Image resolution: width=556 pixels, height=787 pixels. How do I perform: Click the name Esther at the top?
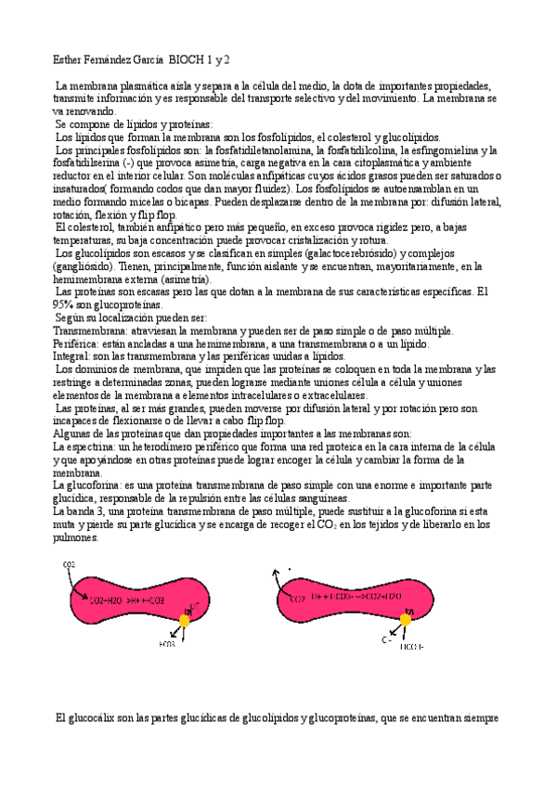68,59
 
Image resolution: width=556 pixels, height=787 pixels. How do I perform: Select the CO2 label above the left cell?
69,565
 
